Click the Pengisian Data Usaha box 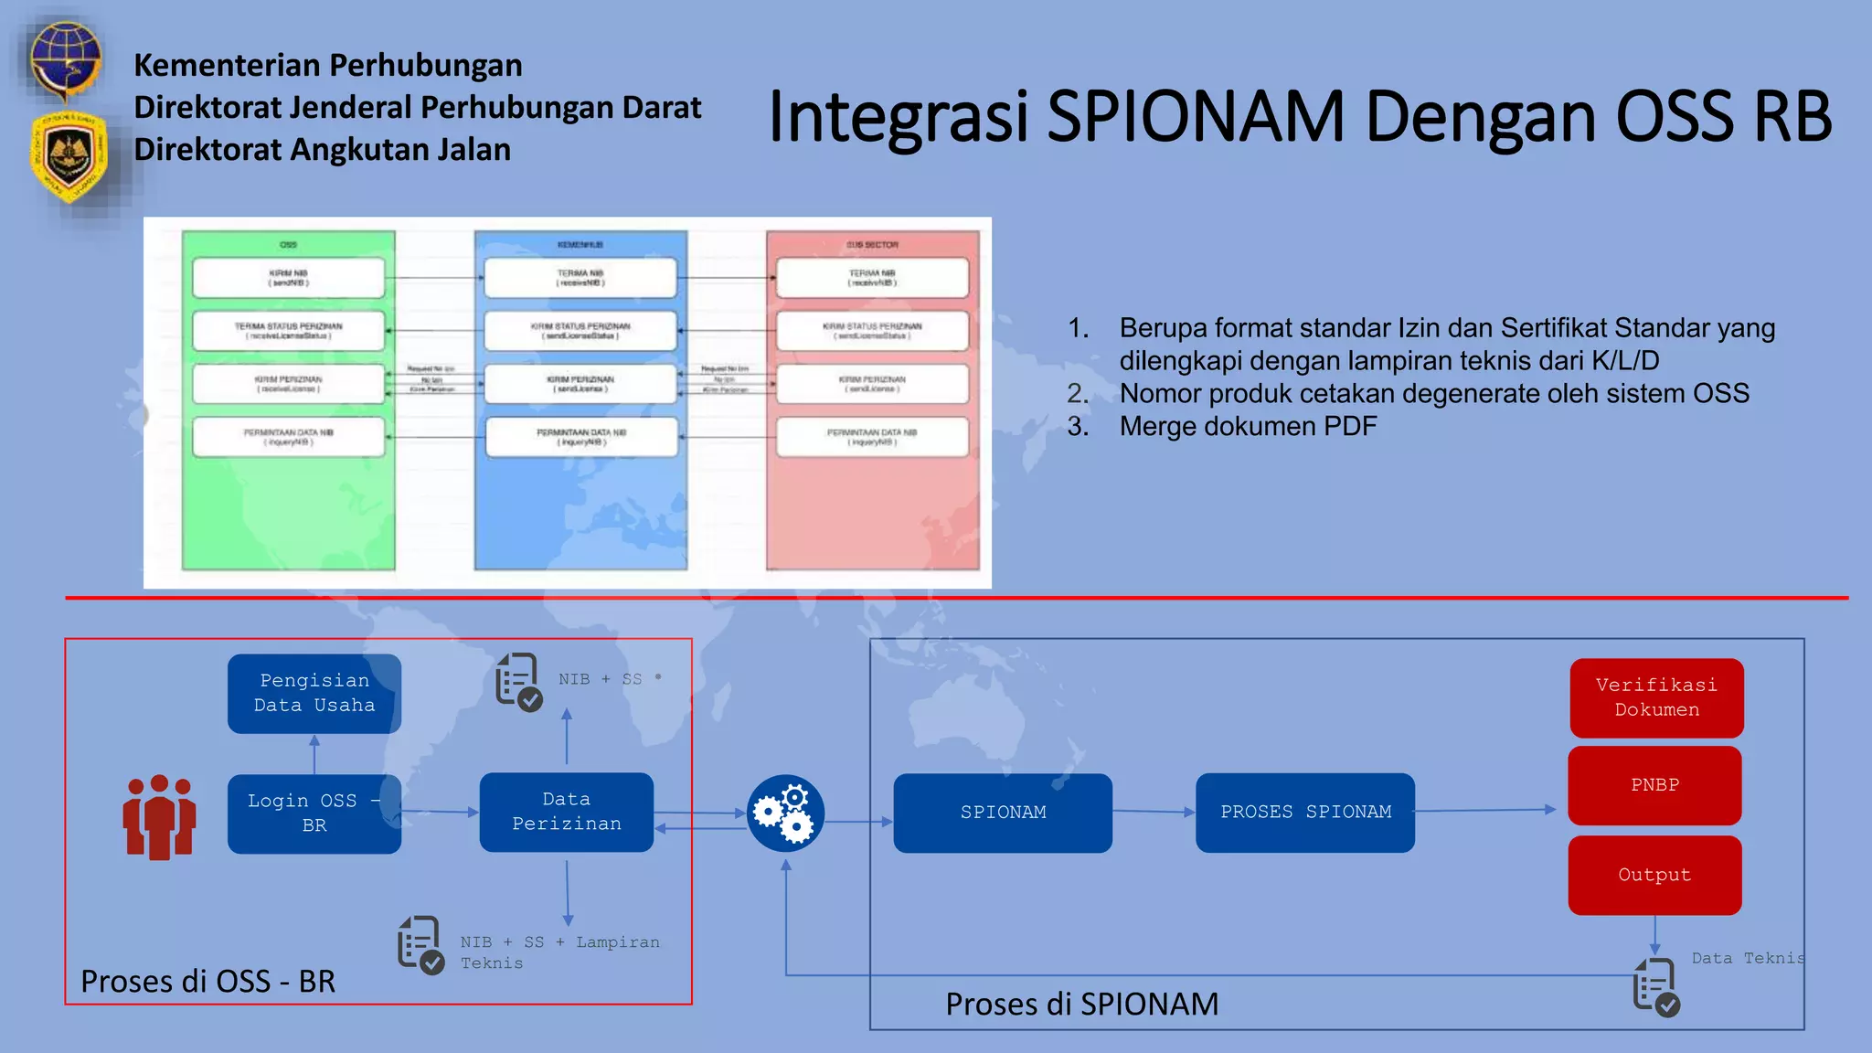coord(314,693)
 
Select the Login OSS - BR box coord(314,814)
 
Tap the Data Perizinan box coord(566,812)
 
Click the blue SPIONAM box coord(1002,813)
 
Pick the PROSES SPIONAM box coord(1304,813)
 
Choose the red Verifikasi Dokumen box coord(1655,697)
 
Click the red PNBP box coord(1654,785)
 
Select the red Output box coord(1654,875)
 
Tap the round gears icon coord(785,814)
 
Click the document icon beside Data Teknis coord(1655,987)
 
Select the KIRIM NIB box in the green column coord(288,278)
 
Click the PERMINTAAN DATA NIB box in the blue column coord(581,437)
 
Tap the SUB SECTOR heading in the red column coord(872,245)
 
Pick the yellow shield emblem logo coord(69,155)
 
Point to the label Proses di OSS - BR coord(207,981)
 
